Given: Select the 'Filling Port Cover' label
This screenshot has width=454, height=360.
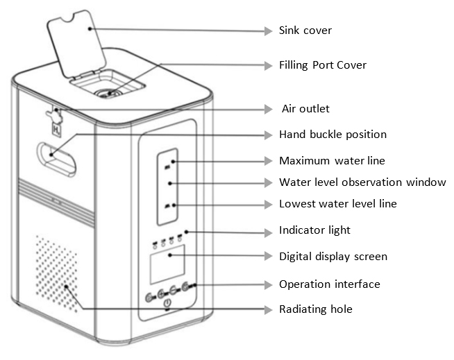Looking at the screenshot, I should [x=322, y=65].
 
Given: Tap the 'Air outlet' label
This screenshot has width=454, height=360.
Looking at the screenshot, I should [x=305, y=109].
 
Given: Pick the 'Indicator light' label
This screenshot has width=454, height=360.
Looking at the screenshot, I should [x=314, y=230].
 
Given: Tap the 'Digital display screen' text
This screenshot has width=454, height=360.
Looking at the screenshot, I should [x=333, y=257].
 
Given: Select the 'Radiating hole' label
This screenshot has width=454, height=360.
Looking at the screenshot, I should [x=315, y=309].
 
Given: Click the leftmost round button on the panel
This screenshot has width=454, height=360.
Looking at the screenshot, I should [x=148, y=297].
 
